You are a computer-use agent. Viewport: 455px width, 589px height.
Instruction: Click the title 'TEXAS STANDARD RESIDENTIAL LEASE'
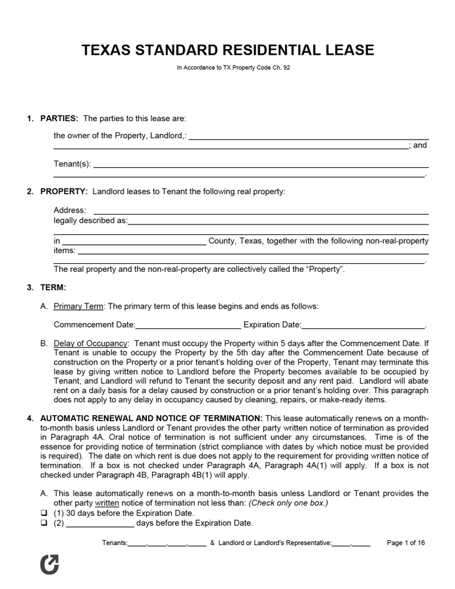228,50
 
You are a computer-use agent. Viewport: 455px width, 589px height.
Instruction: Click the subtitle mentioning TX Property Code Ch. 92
233,68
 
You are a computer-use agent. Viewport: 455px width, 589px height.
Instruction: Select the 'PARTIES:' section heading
59,118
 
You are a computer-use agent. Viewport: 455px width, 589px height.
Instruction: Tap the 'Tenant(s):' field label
72,164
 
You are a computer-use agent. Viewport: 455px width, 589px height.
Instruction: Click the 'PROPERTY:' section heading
64,192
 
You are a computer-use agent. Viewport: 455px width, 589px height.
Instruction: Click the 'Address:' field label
70,211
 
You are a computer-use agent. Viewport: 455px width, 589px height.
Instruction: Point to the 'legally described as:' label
90,221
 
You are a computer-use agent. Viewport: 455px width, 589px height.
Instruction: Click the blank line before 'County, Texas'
134,242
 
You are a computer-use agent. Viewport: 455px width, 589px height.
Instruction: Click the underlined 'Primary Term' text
78,306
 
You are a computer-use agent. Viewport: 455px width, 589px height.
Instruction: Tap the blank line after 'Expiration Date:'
363,325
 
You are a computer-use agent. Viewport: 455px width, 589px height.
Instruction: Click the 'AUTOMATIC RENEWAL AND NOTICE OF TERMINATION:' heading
151,419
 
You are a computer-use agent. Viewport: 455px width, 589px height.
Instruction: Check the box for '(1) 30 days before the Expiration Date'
44,513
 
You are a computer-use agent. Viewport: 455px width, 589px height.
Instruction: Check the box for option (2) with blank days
44,524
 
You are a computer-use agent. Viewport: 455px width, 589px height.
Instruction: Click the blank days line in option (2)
100,524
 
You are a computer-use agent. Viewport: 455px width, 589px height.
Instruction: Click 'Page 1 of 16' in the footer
406,543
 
